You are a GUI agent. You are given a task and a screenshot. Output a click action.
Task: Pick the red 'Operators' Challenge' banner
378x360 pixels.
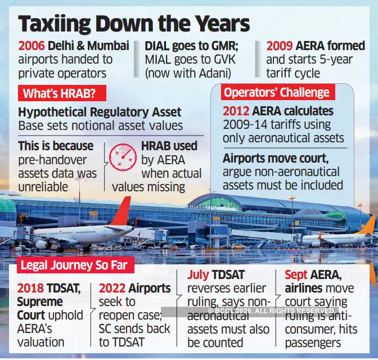[x=276, y=92]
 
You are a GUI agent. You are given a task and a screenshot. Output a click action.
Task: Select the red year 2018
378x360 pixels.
[x=31, y=289]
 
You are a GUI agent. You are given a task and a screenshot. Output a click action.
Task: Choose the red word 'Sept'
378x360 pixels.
[x=296, y=275]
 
